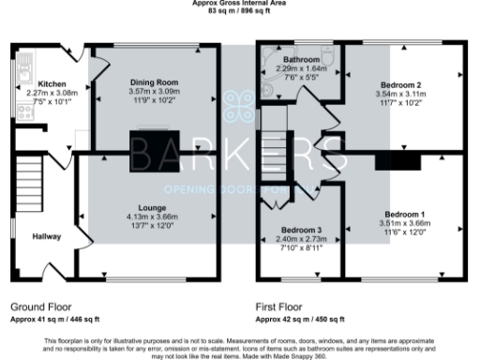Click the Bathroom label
[x=295, y=60]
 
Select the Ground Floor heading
[x=40, y=307]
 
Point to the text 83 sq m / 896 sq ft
[x=239, y=10]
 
